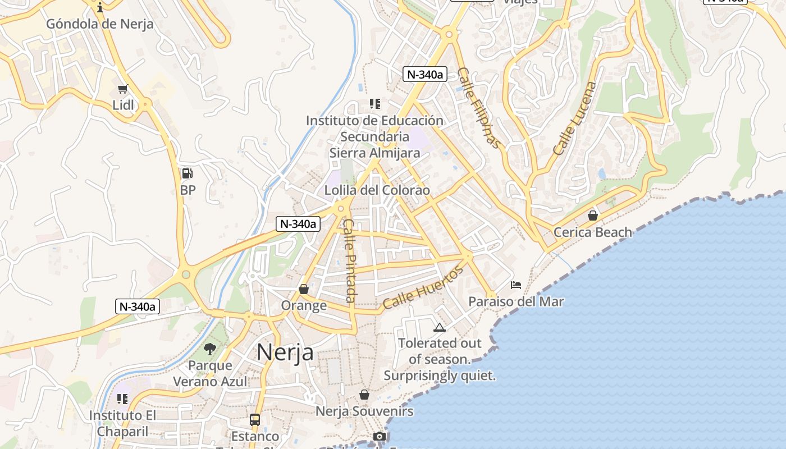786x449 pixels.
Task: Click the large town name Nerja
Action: (x=285, y=352)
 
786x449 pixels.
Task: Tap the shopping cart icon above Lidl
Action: (x=122, y=89)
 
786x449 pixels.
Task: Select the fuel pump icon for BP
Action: (x=188, y=173)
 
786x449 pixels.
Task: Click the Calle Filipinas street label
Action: (x=478, y=108)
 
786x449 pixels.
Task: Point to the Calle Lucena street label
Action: (x=574, y=118)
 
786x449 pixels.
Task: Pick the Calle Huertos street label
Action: (x=423, y=287)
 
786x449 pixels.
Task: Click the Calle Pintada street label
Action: (x=350, y=260)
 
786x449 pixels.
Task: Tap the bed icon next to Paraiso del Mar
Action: (x=516, y=285)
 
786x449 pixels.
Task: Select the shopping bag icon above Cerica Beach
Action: (x=592, y=216)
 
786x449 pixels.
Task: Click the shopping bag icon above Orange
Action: (x=304, y=289)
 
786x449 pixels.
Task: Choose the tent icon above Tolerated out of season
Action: (x=439, y=327)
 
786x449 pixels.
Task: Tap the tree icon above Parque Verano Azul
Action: (x=210, y=349)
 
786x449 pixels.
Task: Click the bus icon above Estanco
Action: (x=255, y=419)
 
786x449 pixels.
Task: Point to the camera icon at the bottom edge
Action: (x=380, y=437)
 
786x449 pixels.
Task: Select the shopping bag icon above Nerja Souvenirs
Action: (x=364, y=395)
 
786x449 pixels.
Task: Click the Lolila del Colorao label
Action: (x=377, y=190)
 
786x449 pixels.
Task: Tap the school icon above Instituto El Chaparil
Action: (x=122, y=399)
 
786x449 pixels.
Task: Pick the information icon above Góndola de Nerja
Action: (x=100, y=7)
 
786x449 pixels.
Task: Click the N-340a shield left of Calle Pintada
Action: (x=298, y=223)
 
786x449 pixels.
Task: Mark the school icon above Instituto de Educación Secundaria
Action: (x=374, y=104)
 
